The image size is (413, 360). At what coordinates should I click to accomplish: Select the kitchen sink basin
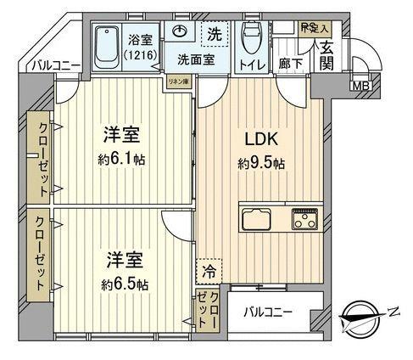(258, 219)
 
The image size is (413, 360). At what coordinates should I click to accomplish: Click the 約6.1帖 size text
(117, 158)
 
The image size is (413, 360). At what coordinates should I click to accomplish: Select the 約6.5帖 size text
(117, 283)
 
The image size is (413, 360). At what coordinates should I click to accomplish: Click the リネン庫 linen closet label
(176, 82)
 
